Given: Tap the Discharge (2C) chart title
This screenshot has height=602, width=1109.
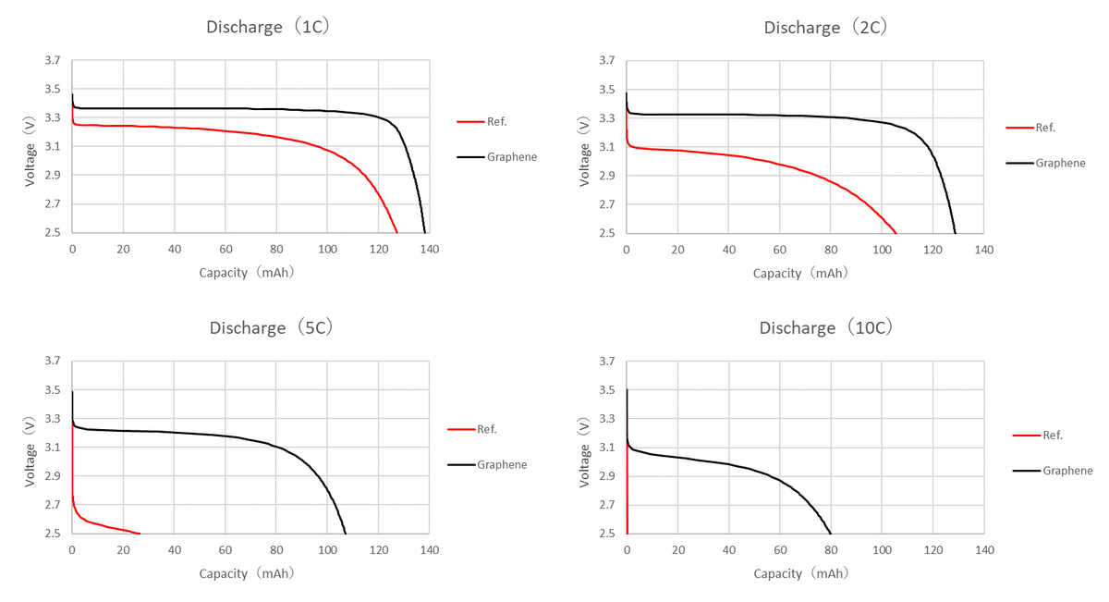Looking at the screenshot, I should pos(825,27).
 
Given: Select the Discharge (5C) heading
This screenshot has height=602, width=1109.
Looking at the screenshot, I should pos(271,327).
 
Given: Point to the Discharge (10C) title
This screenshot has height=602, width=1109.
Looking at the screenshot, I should pos(825,327).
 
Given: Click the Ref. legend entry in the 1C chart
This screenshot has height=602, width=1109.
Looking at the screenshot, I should pos(496,121).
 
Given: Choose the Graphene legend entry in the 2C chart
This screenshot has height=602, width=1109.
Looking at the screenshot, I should pos(1060,163).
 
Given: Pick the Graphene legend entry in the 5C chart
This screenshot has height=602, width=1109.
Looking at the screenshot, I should pos(502,464).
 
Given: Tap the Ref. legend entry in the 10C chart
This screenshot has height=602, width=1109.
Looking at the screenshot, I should pos(1052,435).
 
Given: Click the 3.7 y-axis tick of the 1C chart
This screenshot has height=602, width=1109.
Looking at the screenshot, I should pos(53,61).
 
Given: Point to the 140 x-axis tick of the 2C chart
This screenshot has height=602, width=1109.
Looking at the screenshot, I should pos(984,250).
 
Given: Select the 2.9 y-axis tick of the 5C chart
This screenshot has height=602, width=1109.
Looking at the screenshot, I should pos(53,476).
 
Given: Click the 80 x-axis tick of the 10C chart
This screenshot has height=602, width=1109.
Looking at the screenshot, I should pos(831,550).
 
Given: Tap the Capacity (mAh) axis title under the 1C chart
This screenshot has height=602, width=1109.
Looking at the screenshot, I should pos(247,273).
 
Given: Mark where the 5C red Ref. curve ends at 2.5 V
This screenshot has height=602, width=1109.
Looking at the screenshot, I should pos(139,534).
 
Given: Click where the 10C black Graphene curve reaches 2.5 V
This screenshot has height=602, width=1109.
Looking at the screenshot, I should pos(831,534).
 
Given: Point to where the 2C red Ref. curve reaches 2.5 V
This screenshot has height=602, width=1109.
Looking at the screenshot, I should pos(896,233).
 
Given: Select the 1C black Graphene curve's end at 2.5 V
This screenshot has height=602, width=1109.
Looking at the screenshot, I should pos(425,233).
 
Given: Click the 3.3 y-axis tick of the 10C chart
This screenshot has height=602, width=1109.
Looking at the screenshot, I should pos(607,419).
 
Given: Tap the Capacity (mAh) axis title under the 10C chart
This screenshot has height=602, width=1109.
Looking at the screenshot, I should pos(800,573).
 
